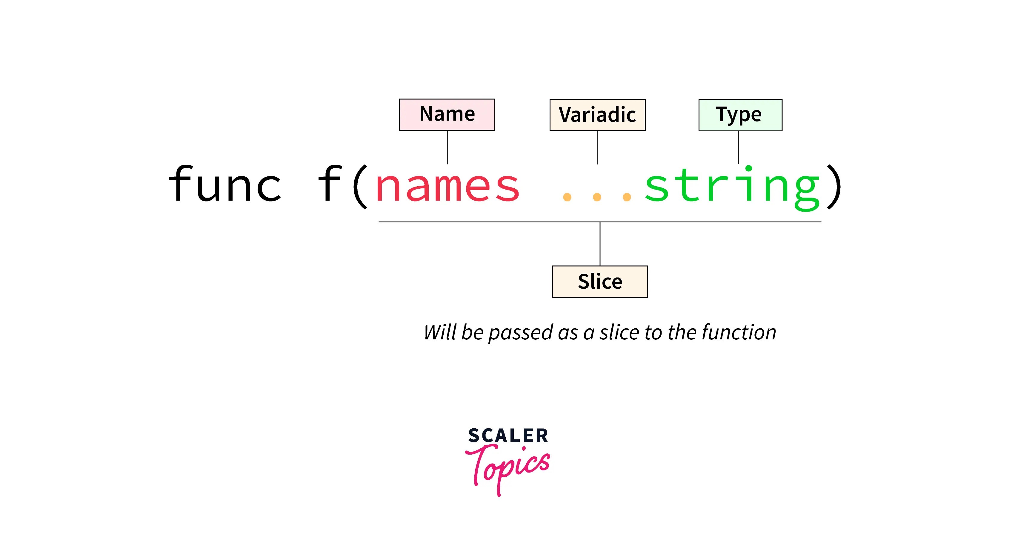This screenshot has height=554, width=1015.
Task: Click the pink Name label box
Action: click(447, 115)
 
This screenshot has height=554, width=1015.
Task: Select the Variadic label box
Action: click(597, 115)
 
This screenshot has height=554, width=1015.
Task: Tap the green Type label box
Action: click(740, 115)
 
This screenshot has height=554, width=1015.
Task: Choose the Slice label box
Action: click(600, 282)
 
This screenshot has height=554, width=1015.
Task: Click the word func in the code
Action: click(224, 184)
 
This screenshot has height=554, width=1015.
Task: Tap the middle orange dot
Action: click(597, 197)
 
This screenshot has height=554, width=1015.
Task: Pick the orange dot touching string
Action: click(627, 197)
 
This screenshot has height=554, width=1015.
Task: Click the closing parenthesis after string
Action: click(834, 186)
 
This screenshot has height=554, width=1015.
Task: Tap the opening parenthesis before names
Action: click(360, 186)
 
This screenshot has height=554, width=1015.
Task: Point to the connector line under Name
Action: click(447, 147)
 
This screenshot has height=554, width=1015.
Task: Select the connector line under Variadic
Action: click(598, 147)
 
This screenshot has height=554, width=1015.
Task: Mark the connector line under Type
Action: click(738, 147)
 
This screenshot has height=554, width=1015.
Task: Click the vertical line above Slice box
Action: click(600, 244)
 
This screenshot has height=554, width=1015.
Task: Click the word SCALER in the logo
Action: click(508, 436)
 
